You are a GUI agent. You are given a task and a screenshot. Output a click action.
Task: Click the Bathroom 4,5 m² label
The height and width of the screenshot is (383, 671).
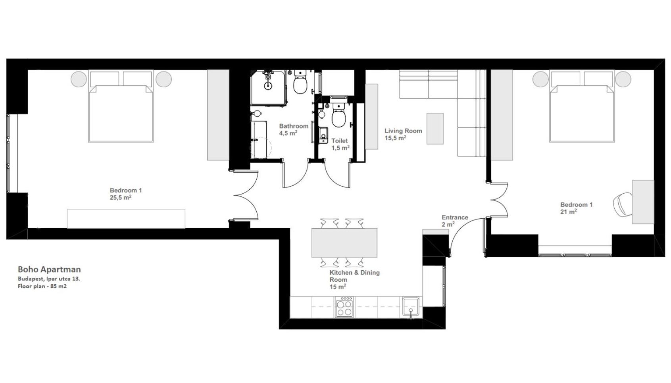294,130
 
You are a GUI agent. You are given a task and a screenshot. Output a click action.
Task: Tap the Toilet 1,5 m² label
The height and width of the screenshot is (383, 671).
340,144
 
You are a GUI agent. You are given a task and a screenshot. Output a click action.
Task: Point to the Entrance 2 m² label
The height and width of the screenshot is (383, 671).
455,221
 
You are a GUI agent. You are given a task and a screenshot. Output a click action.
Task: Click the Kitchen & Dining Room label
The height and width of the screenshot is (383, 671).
354,279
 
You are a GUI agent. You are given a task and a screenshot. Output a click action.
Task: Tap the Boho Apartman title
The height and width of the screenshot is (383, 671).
49,269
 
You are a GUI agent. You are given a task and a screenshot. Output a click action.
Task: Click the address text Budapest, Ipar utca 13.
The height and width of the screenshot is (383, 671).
49,279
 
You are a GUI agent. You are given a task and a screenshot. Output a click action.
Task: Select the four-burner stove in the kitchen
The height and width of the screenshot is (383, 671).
344,307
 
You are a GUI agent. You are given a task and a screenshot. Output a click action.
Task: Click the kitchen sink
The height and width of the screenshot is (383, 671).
411,306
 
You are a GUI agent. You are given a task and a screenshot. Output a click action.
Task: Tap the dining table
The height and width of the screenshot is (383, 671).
344,243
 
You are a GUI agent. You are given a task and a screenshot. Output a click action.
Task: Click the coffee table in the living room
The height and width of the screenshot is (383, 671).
435,129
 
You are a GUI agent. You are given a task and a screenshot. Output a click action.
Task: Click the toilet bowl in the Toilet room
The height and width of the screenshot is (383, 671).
339,119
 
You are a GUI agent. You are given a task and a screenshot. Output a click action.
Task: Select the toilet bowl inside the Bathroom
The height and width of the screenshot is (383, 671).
300,85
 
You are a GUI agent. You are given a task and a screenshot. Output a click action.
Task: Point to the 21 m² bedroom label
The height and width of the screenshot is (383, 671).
576,208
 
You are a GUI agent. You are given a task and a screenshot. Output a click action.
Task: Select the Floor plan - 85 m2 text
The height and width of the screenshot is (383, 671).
42,286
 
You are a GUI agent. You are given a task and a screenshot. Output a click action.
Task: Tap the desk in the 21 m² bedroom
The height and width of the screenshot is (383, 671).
643,202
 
